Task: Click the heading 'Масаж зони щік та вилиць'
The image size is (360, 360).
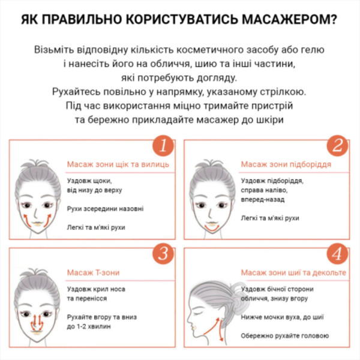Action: tap(117, 164)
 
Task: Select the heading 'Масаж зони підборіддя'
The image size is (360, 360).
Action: tap(286, 164)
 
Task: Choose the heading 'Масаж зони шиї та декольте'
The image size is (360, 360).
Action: tap(293, 273)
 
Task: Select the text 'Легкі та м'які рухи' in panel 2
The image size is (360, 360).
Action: tap(269, 218)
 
